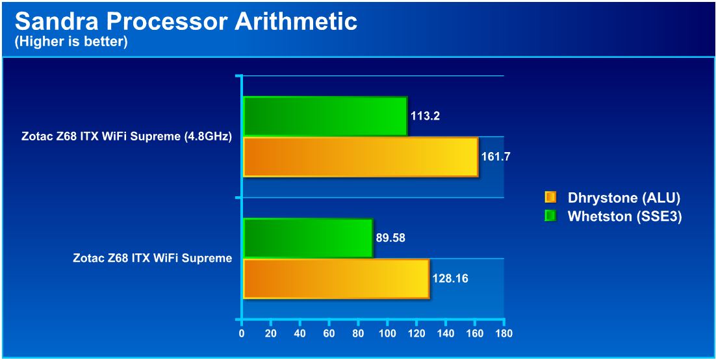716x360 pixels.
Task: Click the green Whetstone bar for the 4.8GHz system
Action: tap(325, 116)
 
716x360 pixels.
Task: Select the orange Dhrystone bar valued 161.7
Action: tap(361, 157)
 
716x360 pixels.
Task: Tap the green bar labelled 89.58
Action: tap(308, 238)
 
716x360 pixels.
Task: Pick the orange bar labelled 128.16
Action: tap(337, 279)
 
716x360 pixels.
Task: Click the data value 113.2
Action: tap(425, 116)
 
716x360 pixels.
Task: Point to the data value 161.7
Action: tap(496, 156)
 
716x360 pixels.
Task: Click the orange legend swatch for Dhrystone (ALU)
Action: tap(551, 198)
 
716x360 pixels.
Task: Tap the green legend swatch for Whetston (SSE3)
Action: tap(551, 216)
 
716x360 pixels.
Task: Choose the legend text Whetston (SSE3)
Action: tap(624, 216)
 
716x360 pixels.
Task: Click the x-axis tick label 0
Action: tap(242, 333)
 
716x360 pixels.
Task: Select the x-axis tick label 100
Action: tap(387, 333)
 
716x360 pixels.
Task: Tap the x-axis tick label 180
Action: tap(504, 333)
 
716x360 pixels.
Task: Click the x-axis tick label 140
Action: tap(445, 333)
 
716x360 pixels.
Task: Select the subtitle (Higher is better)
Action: tap(71, 42)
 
